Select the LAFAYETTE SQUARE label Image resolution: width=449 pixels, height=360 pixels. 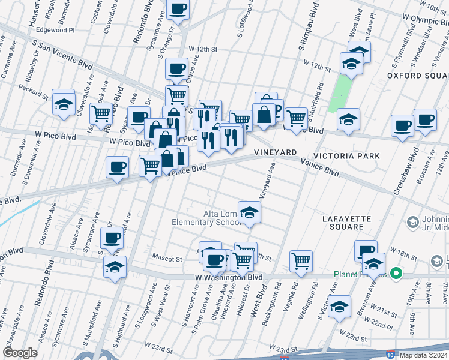351,223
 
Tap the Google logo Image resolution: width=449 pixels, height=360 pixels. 20,353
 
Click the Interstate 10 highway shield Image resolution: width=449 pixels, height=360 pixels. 391,355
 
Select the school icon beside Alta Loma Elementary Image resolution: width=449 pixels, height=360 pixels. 250,212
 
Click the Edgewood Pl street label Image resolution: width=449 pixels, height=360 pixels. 55,29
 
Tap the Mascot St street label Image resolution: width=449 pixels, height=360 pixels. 170,259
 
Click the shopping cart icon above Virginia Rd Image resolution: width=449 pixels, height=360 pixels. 301,261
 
